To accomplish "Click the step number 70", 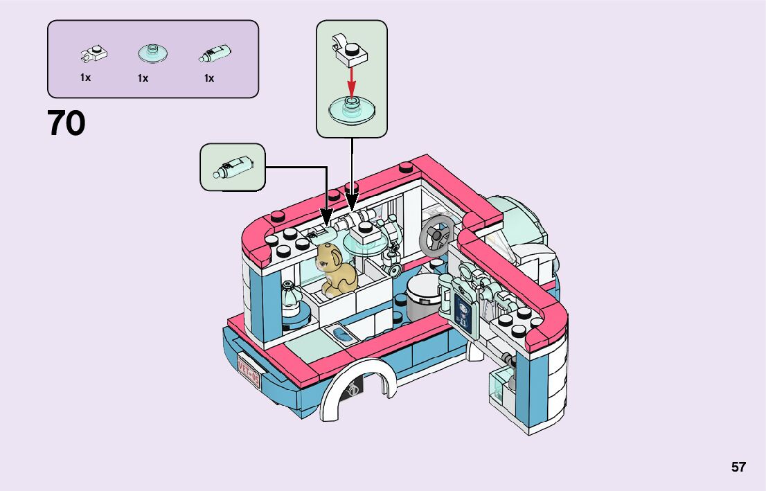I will pos(66,124).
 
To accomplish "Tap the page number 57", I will pos(738,467).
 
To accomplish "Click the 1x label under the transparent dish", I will pos(143,78).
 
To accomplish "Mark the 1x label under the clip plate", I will pos(85,78).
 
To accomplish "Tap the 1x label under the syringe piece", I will pos(208,78).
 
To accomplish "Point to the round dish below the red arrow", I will pos(352,111).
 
